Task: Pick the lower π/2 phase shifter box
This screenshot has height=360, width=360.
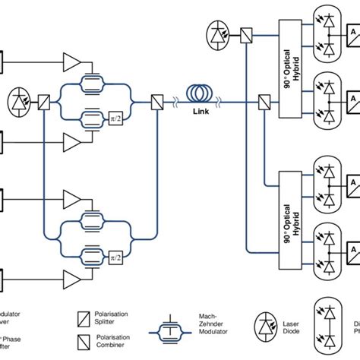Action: click(x=116, y=255)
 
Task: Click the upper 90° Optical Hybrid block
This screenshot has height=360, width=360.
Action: click(x=292, y=68)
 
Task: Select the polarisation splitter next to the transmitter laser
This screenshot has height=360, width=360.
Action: click(x=45, y=101)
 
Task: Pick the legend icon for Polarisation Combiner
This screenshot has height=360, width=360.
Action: click(x=85, y=339)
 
